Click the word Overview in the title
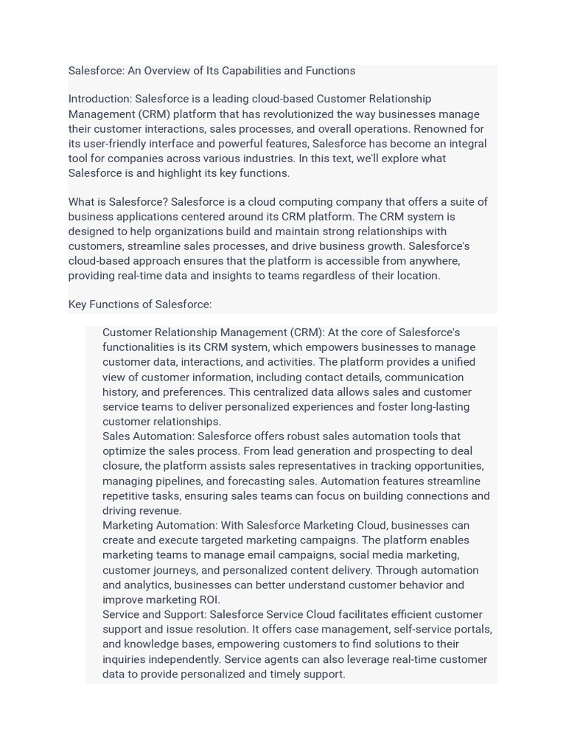(x=169, y=71)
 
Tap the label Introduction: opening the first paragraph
(x=100, y=99)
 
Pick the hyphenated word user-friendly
(x=119, y=144)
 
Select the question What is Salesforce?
(x=118, y=202)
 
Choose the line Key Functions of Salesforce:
(x=140, y=305)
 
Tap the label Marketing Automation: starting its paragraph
(x=160, y=526)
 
